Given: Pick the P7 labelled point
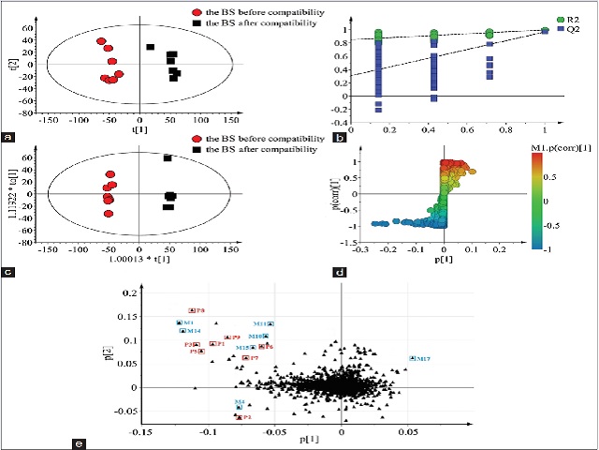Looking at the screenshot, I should [251, 358].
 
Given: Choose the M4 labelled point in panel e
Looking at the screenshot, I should [240, 407].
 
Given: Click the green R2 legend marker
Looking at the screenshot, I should [561, 18].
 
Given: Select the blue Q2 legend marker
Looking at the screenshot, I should [561, 28].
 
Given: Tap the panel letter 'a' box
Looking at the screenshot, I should [8, 137].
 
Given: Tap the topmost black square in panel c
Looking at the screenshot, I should [168, 158].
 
